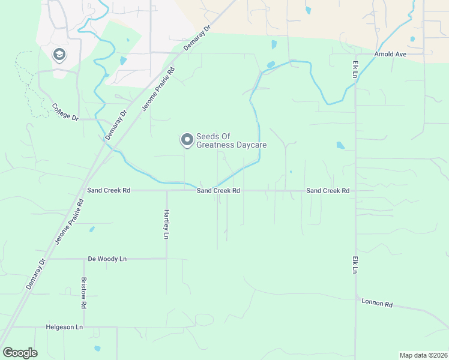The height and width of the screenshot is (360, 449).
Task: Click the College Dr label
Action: [65, 112]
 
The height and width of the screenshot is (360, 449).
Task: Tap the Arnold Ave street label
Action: [391, 54]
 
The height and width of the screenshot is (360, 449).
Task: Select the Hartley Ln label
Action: [167, 224]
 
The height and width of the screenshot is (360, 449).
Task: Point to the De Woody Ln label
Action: [107, 259]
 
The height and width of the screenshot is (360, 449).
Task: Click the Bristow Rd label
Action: [83, 293]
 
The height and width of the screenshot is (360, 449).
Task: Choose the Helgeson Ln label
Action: [64, 327]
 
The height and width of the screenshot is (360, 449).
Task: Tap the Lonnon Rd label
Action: [376, 304]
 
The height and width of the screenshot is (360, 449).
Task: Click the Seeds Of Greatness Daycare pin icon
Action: [187, 140]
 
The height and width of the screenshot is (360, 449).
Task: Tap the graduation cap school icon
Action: [59, 55]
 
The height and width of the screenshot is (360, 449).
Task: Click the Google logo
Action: [20, 353]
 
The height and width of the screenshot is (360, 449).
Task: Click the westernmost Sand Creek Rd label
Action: [109, 190]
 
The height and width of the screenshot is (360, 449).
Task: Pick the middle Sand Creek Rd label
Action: [218, 190]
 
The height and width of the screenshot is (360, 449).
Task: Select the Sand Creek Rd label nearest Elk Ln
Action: [328, 190]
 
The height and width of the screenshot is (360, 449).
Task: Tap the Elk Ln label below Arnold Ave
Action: [355, 70]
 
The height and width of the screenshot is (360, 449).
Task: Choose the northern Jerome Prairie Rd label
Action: [158, 88]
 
